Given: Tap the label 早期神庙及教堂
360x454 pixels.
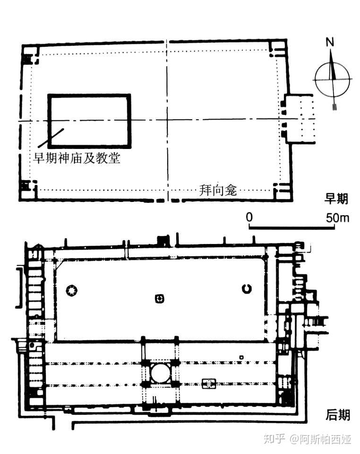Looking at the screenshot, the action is tap(77, 158).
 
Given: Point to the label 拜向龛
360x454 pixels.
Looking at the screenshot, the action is tap(218, 190).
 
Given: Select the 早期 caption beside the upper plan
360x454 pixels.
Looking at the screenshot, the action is tap(336, 199).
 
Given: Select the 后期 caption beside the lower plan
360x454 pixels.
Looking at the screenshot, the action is tap(337, 415).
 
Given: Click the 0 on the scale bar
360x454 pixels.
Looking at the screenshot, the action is tap(249, 217).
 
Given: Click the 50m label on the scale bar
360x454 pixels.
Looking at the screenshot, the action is tap(337, 218).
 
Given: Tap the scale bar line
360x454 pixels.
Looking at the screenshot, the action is tap(292, 228).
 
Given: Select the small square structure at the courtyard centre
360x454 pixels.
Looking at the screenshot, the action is tap(159, 298).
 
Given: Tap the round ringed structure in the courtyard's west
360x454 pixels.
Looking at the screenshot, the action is tap(72, 290).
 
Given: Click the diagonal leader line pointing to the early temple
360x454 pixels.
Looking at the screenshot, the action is tap(51, 138).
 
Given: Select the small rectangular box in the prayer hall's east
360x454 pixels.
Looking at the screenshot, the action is tap(209, 384).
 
